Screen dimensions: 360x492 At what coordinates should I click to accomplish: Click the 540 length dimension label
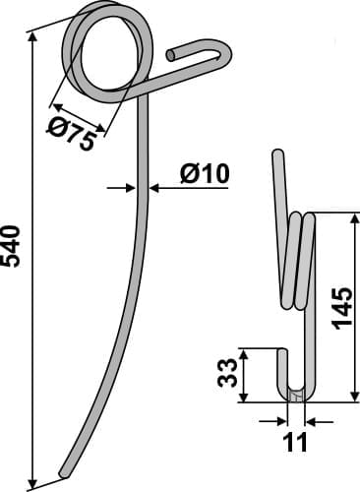point(11,246)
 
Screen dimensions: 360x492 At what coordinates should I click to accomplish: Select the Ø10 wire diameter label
point(205,173)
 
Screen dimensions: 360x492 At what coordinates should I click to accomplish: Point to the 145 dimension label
point(342,308)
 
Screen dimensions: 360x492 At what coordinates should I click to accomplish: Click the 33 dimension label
point(227,373)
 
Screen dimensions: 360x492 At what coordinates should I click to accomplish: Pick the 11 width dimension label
point(296,442)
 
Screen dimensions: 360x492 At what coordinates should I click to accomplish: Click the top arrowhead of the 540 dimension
point(32,37)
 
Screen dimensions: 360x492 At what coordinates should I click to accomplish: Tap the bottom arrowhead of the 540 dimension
point(32,483)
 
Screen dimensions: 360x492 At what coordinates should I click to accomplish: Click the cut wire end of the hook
point(170,55)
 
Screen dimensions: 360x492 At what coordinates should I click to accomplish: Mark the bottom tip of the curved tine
point(62,473)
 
